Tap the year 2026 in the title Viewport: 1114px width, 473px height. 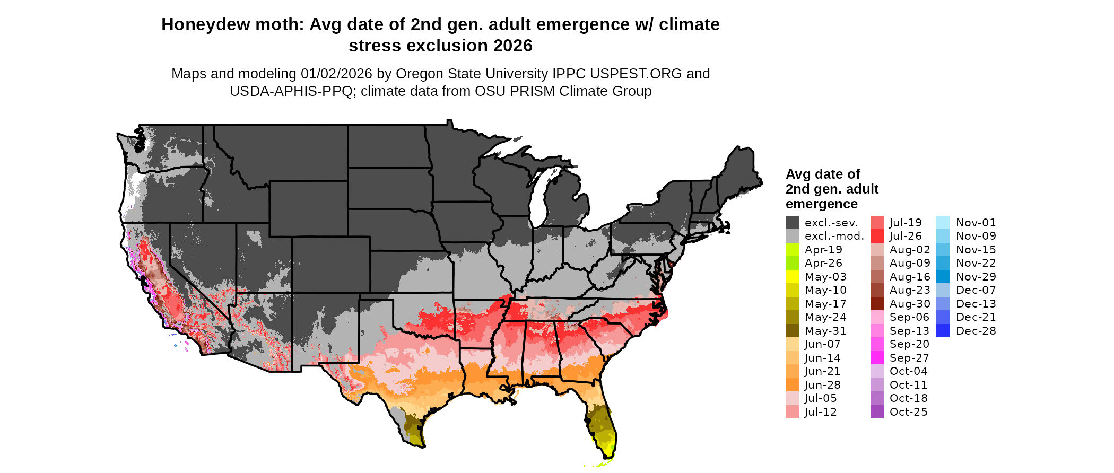tap(512, 46)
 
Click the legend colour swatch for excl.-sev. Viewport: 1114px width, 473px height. tap(792, 223)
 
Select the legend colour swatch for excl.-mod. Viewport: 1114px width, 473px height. tap(792, 236)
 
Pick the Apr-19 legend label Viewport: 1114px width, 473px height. tap(823, 250)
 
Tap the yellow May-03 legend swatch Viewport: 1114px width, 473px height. tap(792, 277)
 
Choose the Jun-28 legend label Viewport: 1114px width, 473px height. tap(822, 385)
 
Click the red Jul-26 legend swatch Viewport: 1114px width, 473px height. tap(877, 236)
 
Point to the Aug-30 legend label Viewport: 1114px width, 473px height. tap(910, 304)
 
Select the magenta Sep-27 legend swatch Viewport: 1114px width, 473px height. tap(877, 358)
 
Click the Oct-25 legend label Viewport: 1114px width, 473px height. tap(908, 412)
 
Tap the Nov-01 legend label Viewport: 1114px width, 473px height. tap(976, 223)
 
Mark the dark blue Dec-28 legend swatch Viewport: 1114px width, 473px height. tap(943, 331)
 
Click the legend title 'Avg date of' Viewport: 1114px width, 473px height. tap(823, 174)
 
